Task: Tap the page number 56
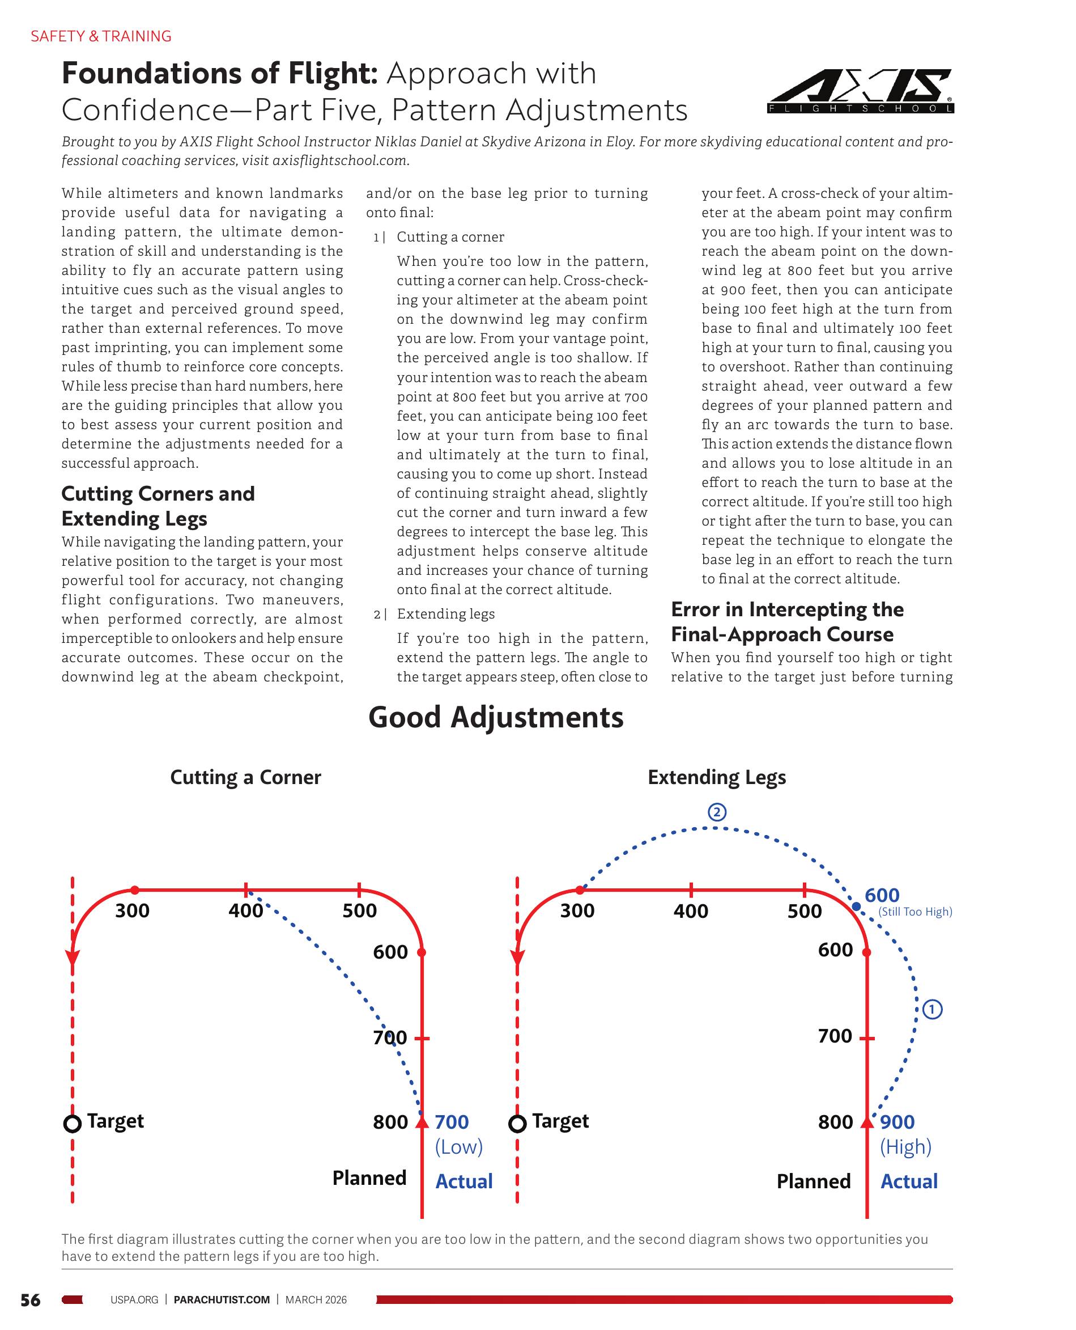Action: click(31, 1299)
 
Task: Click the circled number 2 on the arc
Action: click(717, 812)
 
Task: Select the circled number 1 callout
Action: click(932, 1010)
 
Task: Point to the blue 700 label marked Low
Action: click(451, 1122)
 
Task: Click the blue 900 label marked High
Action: click(897, 1122)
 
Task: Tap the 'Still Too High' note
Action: click(915, 912)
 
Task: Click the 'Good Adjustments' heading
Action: click(496, 717)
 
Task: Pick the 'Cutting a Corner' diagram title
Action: click(245, 778)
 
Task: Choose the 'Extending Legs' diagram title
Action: click(717, 778)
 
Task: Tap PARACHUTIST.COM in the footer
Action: click(222, 1299)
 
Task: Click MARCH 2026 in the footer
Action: click(316, 1299)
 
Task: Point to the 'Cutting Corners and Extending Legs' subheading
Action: click(158, 506)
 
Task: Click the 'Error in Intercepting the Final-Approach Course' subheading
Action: click(787, 622)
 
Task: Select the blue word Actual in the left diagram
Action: click(463, 1181)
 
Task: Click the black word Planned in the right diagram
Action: click(813, 1181)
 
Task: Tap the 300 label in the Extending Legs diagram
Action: click(577, 911)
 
